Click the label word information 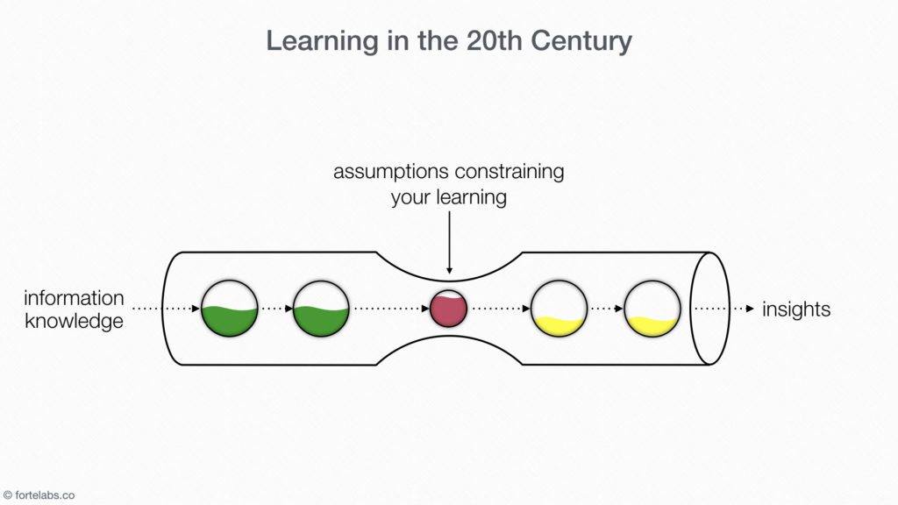pyautogui.click(x=74, y=299)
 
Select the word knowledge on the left pyautogui.click(x=74, y=322)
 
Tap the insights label pyautogui.click(x=796, y=309)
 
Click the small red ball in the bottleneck pyautogui.click(x=448, y=309)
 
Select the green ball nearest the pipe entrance pyautogui.click(x=230, y=309)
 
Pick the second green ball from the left pyautogui.click(x=321, y=309)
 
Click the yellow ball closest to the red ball pyautogui.click(x=559, y=309)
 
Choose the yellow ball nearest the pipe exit pyautogui.click(x=652, y=309)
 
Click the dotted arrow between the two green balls pyautogui.click(x=275, y=309)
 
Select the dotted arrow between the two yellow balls pyautogui.click(x=606, y=309)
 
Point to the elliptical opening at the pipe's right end pyautogui.click(x=709, y=309)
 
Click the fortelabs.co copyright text pyautogui.click(x=44, y=495)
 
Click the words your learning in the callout pyautogui.click(x=448, y=196)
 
